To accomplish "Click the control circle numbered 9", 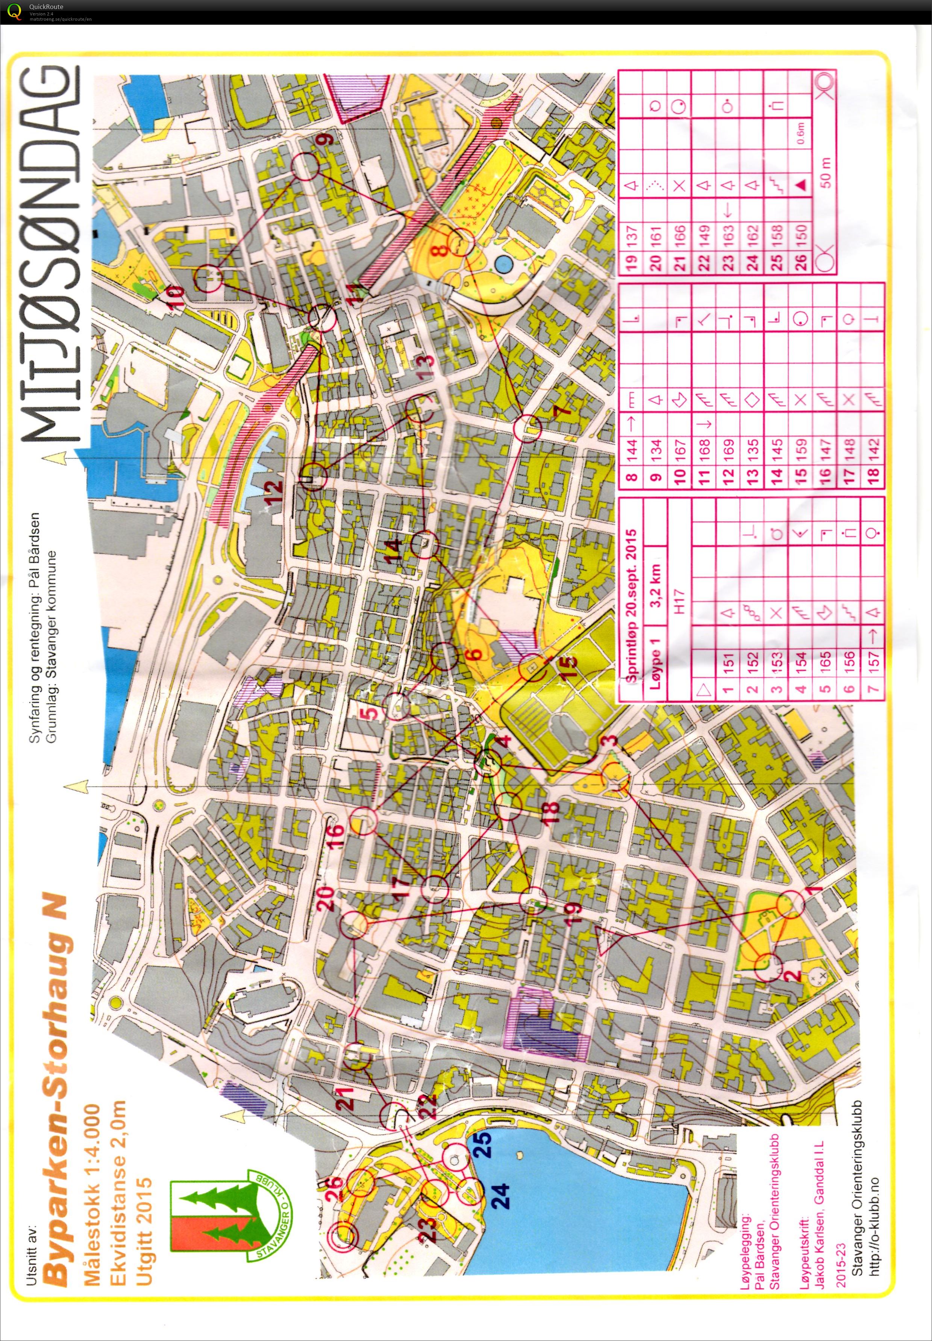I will [x=305, y=167].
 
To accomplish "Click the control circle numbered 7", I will [x=527, y=428].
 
